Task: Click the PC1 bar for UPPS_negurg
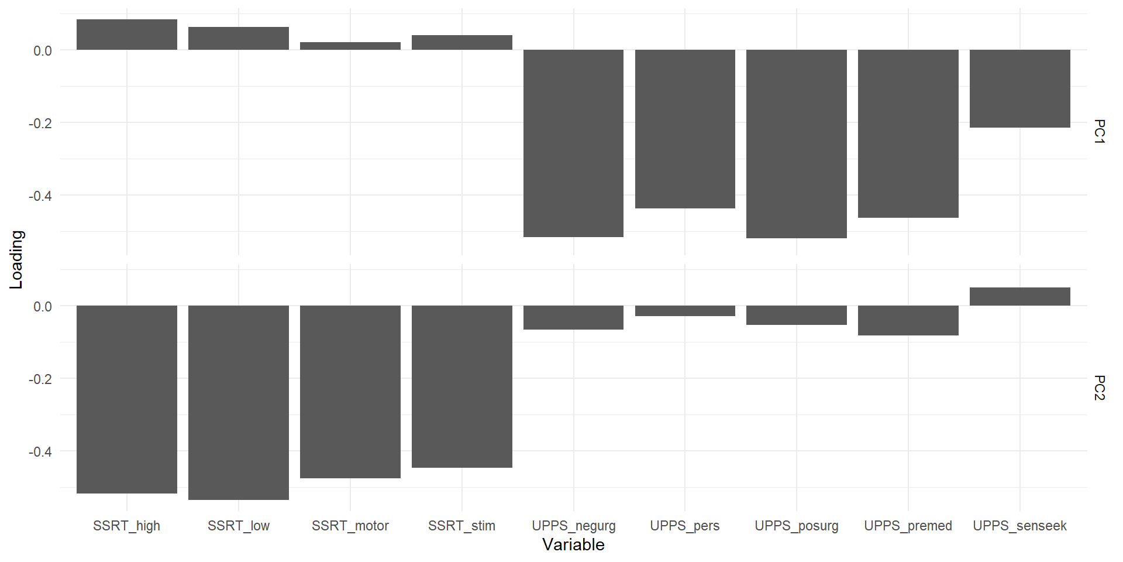[573, 143]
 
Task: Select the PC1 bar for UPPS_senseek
[1019, 88]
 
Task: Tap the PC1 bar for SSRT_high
[126, 35]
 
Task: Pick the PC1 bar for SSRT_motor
[350, 46]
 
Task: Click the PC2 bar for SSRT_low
[238, 403]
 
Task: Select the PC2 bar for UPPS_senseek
[1019, 297]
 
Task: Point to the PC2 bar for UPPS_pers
[685, 311]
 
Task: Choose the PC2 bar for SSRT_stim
[461, 386]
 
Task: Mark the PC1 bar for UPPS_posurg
[796, 144]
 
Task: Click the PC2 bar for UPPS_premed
[908, 320]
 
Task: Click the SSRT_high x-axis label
[126, 526]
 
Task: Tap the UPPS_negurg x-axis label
[573, 526]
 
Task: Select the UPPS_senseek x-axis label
[1019, 526]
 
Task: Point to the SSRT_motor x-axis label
[350, 526]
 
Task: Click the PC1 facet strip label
[1099, 132]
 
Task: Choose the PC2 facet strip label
[1099, 388]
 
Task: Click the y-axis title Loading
[16, 259]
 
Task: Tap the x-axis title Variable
[573, 545]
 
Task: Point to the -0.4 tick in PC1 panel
[40, 196]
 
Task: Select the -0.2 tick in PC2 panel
[40, 379]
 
